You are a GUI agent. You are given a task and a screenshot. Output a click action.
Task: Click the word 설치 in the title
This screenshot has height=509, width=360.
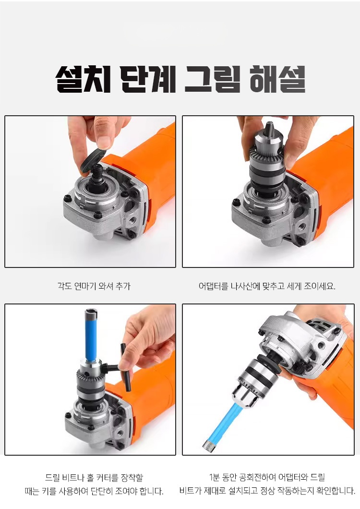[x=83, y=79]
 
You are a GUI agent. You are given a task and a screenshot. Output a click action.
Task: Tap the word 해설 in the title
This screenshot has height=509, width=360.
[x=278, y=79]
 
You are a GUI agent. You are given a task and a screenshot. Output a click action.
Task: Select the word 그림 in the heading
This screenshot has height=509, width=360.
[x=213, y=79]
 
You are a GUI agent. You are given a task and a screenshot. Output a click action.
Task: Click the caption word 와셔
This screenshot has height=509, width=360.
[x=106, y=286]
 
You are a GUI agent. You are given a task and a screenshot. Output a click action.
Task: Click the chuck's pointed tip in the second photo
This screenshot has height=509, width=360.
[x=269, y=125]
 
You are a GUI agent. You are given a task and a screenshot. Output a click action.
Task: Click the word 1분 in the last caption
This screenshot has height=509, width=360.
[x=215, y=477]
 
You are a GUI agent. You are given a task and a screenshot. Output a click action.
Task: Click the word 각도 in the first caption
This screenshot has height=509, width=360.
[x=64, y=286]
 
